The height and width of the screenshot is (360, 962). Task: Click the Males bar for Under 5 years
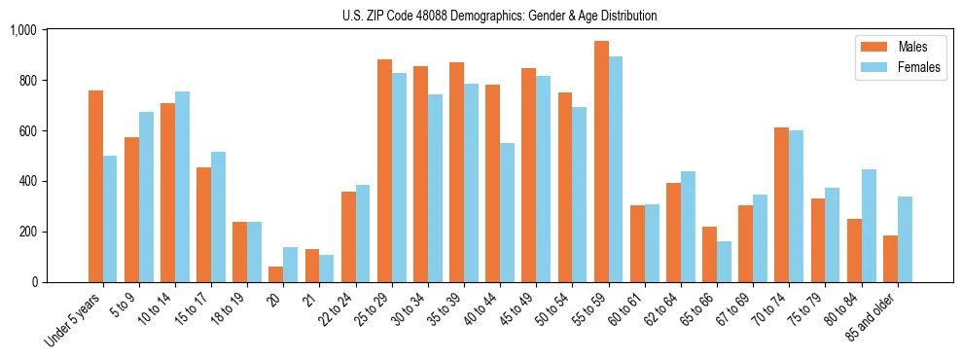click(x=95, y=186)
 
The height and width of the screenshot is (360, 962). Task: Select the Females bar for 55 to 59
click(x=616, y=169)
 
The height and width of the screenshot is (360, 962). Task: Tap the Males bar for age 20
click(x=276, y=274)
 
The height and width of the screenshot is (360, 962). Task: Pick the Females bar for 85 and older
click(x=905, y=239)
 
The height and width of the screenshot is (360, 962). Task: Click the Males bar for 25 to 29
click(x=384, y=170)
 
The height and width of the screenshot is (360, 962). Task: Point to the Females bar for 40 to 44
click(x=507, y=212)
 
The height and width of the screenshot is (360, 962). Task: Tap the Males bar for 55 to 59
click(x=601, y=162)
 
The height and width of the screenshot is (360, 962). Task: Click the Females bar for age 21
click(x=327, y=269)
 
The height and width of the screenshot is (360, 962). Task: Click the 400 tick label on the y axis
click(x=26, y=181)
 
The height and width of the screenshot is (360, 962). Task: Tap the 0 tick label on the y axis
click(x=33, y=282)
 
